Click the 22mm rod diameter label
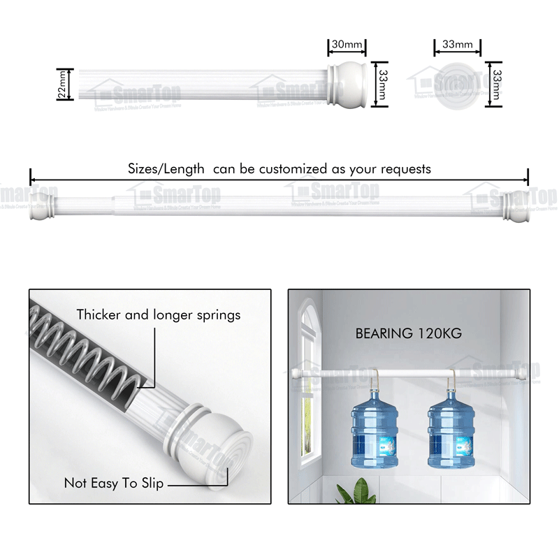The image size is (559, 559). (x=62, y=84)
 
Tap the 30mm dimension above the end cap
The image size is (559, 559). (x=347, y=45)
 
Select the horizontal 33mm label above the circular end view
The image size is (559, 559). (x=458, y=45)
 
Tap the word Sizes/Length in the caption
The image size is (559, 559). (x=166, y=168)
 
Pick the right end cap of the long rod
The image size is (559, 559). (x=518, y=205)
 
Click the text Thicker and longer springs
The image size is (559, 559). (x=159, y=315)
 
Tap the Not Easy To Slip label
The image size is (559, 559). (x=114, y=483)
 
